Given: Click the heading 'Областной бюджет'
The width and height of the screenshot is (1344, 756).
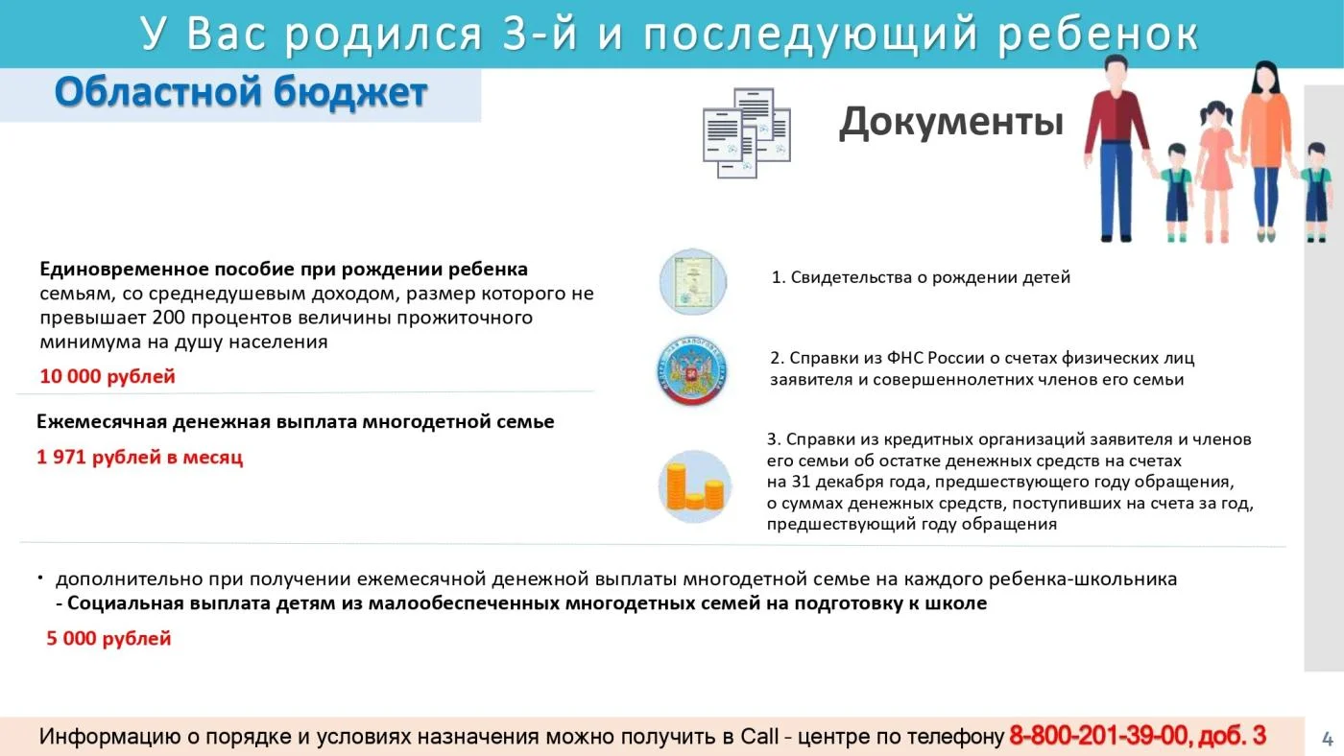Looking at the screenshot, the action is pos(241,93).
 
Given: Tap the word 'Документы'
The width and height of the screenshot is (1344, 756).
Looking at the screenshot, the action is pos(951,122).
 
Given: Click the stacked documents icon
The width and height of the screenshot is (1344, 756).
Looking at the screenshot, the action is pos(747,132).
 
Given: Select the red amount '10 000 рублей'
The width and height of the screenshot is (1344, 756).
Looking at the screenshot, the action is pos(108,376).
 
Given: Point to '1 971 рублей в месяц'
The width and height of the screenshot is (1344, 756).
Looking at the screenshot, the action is pos(140,458).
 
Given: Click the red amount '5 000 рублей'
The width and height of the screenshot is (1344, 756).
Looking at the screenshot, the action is pos(108,639).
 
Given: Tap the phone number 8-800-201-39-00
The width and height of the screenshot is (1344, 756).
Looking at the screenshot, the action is pos(1098,736).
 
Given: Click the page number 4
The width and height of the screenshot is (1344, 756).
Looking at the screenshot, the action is pos(1327,739).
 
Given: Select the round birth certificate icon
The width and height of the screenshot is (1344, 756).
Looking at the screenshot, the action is pos(693,282).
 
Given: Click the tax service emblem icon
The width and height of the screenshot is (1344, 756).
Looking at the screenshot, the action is pos(692,370).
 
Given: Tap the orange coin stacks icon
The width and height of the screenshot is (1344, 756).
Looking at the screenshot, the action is pos(695,486).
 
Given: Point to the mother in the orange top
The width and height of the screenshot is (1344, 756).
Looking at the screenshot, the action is pos(1265,151).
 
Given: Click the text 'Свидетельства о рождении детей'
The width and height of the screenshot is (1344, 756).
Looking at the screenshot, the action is pos(930,277).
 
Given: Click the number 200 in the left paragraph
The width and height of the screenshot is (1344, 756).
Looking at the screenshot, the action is pos(169,318).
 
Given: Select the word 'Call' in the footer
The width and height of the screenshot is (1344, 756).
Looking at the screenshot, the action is pos(759,736).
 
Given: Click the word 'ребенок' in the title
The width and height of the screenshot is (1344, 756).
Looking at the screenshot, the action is pos(1098,34).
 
